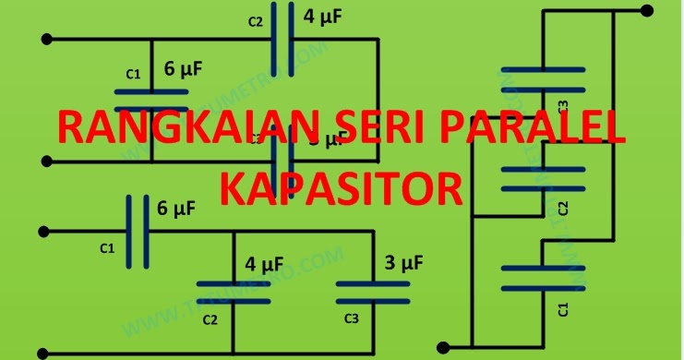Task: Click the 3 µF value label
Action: pos(403,264)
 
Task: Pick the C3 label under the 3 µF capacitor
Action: pos(351,319)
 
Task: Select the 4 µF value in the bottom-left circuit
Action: pos(264,264)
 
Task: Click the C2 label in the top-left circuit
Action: pos(256,22)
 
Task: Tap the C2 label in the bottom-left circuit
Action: pos(210,319)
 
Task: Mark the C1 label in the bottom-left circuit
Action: pos(106,247)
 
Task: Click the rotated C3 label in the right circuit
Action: pos(563,104)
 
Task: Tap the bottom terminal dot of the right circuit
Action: pos(443,348)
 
